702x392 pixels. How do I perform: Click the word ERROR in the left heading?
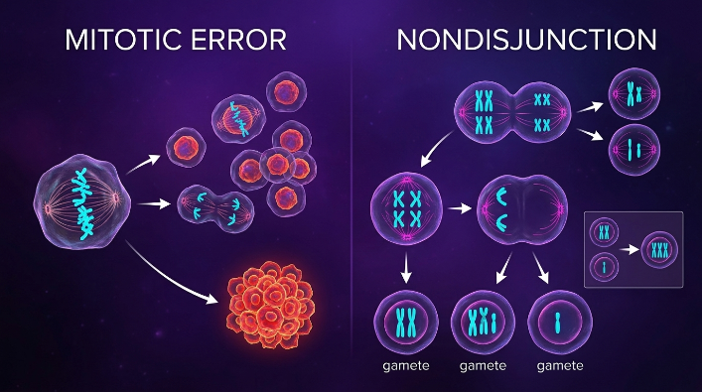point(239,40)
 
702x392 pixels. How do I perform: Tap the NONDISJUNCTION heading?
point(526,40)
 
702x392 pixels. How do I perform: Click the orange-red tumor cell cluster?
point(271,305)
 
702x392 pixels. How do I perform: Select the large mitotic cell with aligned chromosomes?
point(82,201)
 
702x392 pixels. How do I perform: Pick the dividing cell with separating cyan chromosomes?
point(215,209)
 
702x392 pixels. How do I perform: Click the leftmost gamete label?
point(406,366)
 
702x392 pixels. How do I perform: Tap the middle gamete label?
point(483,366)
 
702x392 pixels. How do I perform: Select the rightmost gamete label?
point(560,366)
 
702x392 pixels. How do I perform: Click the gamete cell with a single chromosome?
point(560,323)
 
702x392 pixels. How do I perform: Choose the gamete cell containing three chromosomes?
point(483,323)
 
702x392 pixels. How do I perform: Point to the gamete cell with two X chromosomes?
point(406,323)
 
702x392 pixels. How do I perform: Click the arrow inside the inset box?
point(630,249)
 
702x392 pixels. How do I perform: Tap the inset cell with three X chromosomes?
point(659,250)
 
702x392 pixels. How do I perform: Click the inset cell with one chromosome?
point(604,267)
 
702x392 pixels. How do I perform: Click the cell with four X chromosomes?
point(406,208)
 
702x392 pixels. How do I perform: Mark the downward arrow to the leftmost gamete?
point(406,268)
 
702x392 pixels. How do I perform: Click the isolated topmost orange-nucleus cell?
point(287,91)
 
